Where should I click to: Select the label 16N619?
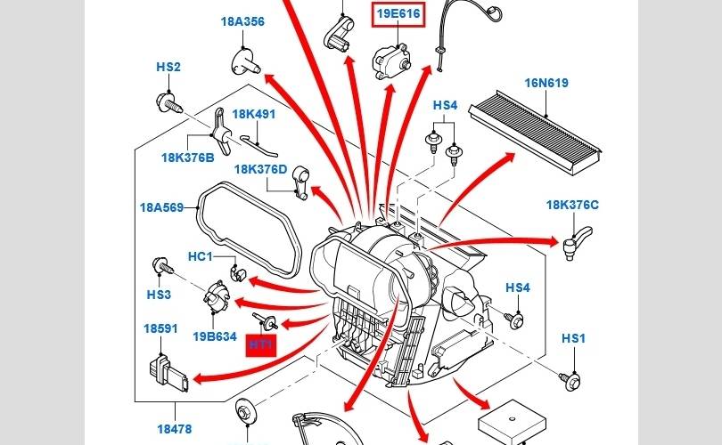(x=546, y=84)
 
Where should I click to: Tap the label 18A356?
(x=242, y=22)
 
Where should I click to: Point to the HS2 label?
(x=168, y=67)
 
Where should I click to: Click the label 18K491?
(x=254, y=115)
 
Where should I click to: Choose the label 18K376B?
(x=187, y=158)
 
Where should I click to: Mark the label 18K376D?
(x=261, y=169)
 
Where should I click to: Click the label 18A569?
(x=160, y=208)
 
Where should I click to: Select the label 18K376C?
(x=572, y=206)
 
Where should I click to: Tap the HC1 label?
(x=200, y=257)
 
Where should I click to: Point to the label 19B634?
(x=215, y=336)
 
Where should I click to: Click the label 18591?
(x=160, y=328)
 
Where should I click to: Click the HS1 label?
(x=572, y=339)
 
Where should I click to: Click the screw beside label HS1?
(x=566, y=379)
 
